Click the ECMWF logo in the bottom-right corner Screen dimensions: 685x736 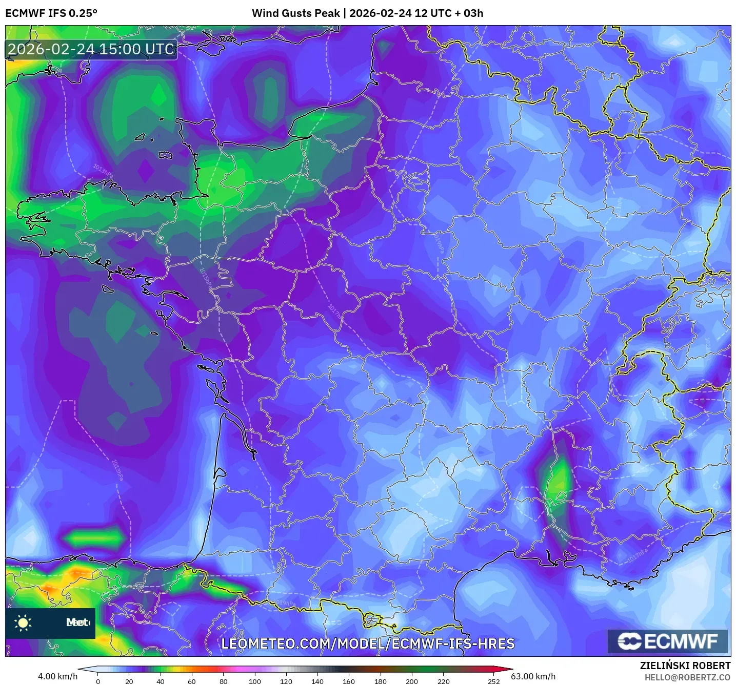[667, 641]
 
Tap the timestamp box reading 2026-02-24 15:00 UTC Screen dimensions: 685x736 [91, 49]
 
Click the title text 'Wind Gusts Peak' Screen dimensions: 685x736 [295, 13]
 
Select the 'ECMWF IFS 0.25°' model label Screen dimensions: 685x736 [51, 13]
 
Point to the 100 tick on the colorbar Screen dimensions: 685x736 [255, 681]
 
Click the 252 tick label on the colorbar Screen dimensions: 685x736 [493, 681]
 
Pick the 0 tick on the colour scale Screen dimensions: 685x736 [98, 681]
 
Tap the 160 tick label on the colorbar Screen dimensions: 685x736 [349, 681]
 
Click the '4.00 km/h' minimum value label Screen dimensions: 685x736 [57, 676]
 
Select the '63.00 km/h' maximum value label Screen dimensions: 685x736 [533, 676]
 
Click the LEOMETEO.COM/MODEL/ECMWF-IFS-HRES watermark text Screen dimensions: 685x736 [368, 644]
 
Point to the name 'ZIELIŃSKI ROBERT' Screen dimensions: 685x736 [685, 666]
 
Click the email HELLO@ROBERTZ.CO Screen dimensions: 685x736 [687, 677]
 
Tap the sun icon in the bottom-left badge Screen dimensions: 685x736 [23, 622]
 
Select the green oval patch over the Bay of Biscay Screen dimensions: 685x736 [94, 538]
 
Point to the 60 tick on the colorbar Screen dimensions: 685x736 [192, 681]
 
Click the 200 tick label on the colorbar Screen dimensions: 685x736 [412, 681]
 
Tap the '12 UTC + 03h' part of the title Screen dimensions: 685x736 [449, 13]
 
